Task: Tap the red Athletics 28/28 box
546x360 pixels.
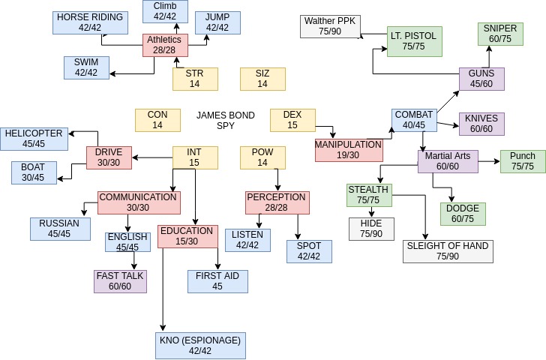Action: (x=165, y=45)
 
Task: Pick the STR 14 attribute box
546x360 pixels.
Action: (x=194, y=79)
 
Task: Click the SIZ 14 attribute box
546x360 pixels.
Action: (x=262, y=79)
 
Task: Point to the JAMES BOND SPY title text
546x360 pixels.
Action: (x=225, y=121)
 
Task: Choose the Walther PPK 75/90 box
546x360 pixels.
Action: (x=329, y=26)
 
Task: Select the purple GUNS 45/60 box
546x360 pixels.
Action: (x=481, y=79)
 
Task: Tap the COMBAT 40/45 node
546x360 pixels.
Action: (x=414, y=120)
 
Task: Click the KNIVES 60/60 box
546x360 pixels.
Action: (x=481, y=124)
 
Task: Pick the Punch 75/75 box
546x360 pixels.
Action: (x=523, y=161)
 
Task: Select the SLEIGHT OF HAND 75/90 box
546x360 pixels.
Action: (x=448, y=251)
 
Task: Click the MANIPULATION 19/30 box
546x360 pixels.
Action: (x=348, y=150)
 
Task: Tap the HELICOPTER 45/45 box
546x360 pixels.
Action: (x=34, y=139)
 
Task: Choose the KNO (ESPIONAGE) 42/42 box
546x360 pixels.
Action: (x=200, y=345)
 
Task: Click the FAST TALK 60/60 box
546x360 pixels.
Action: (x=120, y=281)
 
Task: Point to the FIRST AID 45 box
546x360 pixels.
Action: (x=217, y=281)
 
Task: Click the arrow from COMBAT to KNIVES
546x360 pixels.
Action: (x=448, y=124)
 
